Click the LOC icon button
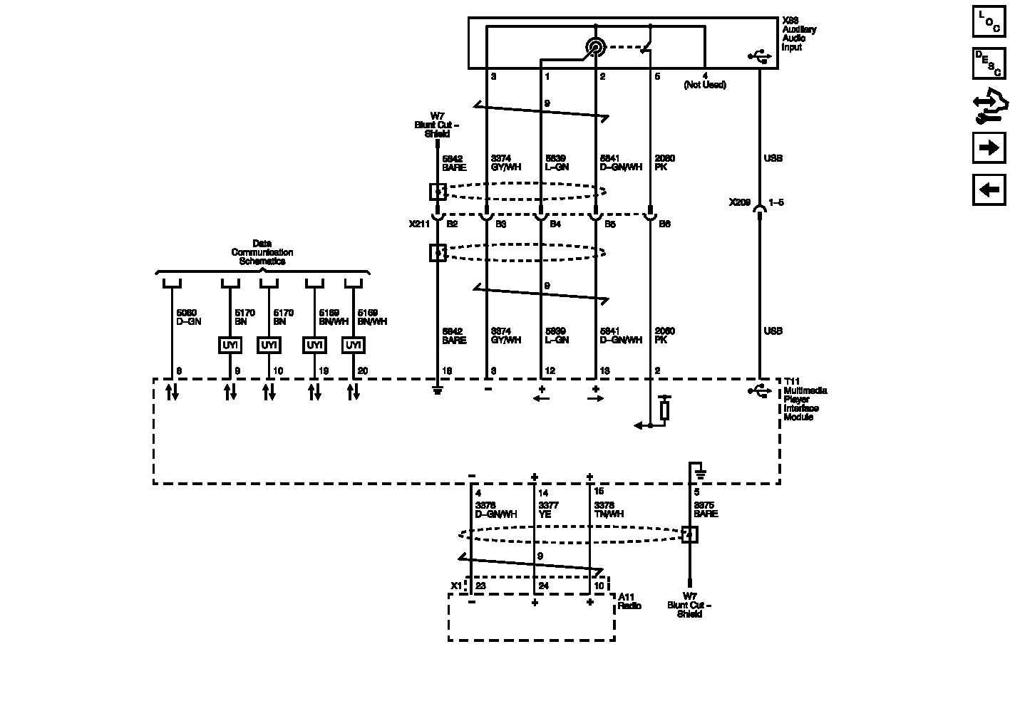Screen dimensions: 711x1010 989,21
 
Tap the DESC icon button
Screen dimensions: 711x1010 989,63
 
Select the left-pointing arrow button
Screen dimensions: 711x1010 989,190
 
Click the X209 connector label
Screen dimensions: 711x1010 739,202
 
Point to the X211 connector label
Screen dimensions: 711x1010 419,224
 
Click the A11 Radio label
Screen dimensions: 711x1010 629,601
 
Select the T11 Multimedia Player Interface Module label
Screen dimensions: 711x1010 804,403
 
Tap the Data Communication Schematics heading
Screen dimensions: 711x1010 262,252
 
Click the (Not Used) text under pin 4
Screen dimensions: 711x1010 704,85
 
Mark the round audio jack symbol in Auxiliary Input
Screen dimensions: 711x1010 594,48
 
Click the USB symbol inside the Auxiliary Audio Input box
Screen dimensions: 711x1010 759,56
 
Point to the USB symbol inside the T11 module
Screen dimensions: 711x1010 759,390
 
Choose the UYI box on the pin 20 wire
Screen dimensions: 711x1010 353,346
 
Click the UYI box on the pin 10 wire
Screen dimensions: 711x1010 269,346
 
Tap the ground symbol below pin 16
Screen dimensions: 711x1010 438,390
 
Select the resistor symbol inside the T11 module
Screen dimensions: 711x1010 664,410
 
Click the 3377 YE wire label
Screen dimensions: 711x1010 548,509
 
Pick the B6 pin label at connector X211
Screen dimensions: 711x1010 664,224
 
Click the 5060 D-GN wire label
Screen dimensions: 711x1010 188,317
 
